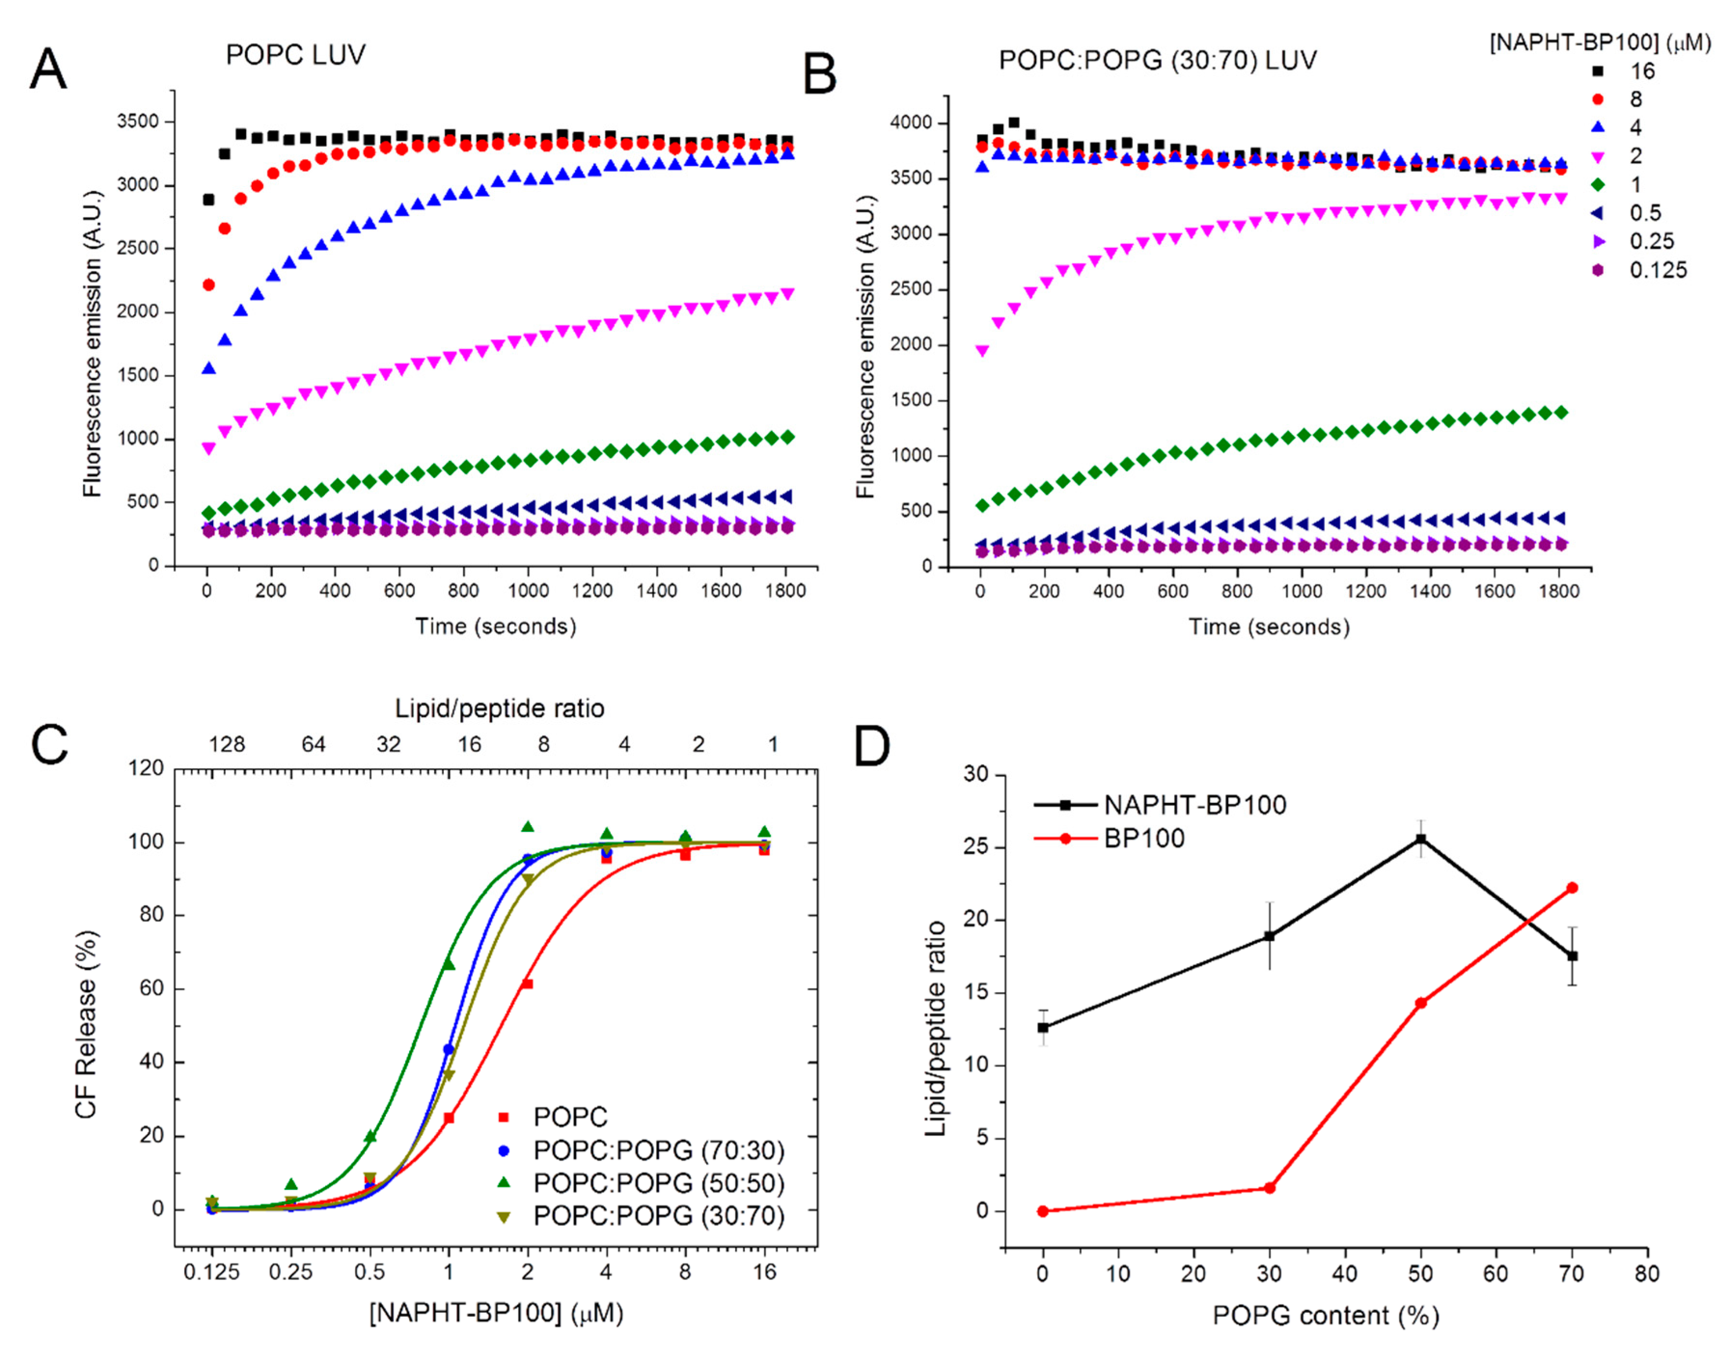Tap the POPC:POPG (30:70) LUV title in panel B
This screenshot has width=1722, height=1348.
coord(1158,61)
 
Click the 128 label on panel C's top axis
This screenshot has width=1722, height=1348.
coord(227,744)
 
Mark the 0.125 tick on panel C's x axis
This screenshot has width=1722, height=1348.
coord(211,1272)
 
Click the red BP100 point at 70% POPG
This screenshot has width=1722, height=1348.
coord(1572,888)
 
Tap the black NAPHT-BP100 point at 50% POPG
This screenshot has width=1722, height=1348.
coord(1421,839)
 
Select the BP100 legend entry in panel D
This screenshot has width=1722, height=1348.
coord(1144,838)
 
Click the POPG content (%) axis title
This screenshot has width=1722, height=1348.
coord(1326,1316)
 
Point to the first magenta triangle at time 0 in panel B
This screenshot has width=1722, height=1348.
coord(982,351)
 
